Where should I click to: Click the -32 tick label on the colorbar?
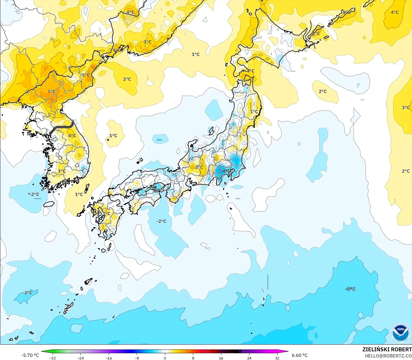pos(52,358)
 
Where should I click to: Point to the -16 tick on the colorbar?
pos(108,358)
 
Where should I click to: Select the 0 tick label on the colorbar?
pos(165,358)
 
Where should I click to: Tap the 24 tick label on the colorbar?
pos(249,358)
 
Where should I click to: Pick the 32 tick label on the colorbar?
pos(277,358)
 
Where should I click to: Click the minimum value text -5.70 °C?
pos(30,355)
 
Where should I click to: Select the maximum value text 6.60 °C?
pos(300,355)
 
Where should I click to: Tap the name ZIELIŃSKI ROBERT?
pos(387,349)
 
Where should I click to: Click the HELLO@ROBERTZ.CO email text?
pos(388,356)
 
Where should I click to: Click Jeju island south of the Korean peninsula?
pos(49,204)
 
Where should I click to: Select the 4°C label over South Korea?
pos(72,136)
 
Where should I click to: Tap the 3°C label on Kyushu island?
pos(106,213)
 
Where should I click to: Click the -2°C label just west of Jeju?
pos(35,194)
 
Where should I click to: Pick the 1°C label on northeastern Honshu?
pos(254,112)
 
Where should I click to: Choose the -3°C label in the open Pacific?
pos(350,289)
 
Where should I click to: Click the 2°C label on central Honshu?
pos(199,167)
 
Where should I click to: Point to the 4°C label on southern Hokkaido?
pos(250,71)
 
